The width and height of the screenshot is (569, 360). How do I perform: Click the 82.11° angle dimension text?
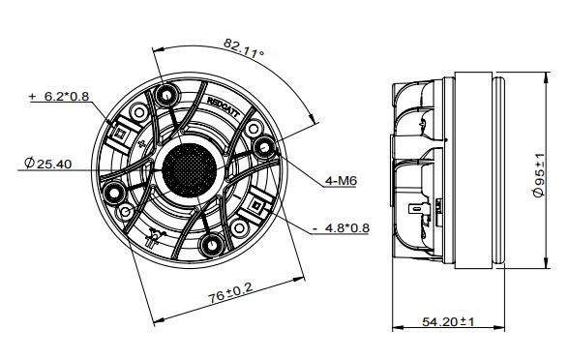[243, 49]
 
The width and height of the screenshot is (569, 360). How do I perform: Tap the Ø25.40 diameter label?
[45, 165]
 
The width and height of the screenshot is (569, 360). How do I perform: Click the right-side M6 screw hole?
[262, 147]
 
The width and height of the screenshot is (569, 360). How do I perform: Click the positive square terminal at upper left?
[125, 126]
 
